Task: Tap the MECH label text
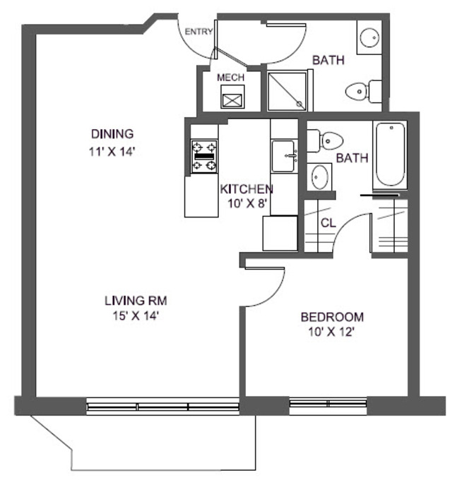(230, 78)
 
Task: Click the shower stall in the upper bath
(287, 90)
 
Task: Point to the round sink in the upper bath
(369, 37)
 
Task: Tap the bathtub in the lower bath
(390, 155)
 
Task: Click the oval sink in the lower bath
(321, 176)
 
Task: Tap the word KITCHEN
(247, 189)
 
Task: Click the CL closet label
(328, 222)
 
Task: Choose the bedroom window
(328, 406)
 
